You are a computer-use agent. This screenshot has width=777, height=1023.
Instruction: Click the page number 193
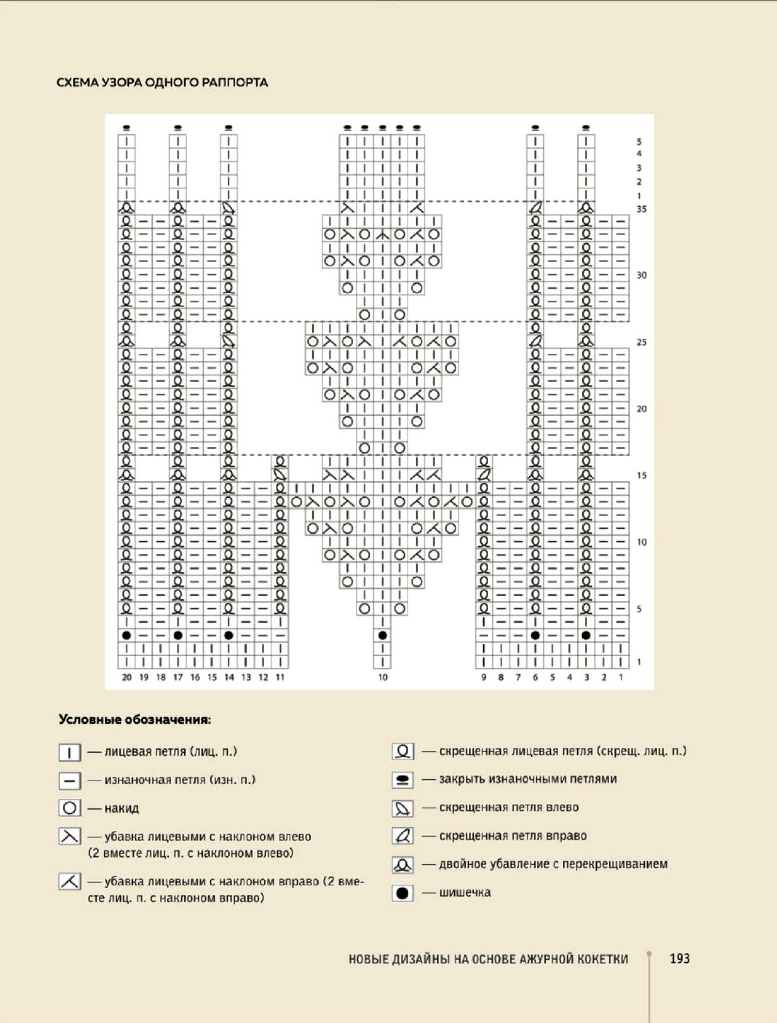click(x=679, y=958)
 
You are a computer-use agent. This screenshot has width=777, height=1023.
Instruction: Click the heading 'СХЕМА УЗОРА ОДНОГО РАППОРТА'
click(x=162, y=83)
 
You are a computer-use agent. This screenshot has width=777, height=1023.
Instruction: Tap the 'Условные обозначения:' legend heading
click(x=134, y=720)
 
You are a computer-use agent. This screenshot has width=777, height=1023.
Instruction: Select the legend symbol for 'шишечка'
click(x=403, y=892)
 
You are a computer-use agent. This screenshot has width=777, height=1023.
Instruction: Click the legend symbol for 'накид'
click(x=69, y=808)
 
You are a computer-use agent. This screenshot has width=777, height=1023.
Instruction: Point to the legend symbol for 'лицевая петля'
click(x=69, y=752)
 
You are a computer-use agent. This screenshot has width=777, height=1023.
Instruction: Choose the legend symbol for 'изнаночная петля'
click(x=69, y=780)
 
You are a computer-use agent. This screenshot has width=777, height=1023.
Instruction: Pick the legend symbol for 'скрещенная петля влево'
click(x=403, y=808)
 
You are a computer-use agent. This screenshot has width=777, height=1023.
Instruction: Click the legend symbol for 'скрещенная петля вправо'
click(x=403, y=836)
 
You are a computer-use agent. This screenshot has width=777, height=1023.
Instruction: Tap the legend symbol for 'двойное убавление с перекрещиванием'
click(x=403, y=864)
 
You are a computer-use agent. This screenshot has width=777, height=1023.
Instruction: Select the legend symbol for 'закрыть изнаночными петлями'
click(x=403, y=779)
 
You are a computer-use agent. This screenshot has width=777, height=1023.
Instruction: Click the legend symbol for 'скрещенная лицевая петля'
click(x=403, y=751)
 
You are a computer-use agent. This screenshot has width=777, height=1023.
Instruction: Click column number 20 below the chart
click(x=126, y=677)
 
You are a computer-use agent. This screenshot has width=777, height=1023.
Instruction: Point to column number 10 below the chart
click(x=382, y=677)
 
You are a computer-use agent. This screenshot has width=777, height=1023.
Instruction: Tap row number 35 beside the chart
click(x=641, y=209)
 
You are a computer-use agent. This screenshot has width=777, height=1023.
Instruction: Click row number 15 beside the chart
click(x=641, y=475)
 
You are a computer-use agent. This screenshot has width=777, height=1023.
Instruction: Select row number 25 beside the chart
click(x=641, y=342)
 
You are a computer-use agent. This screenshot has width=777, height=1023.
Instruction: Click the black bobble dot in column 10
click(x=382, y=635)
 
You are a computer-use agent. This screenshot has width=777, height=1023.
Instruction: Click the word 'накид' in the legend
click(x=121, y=808)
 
